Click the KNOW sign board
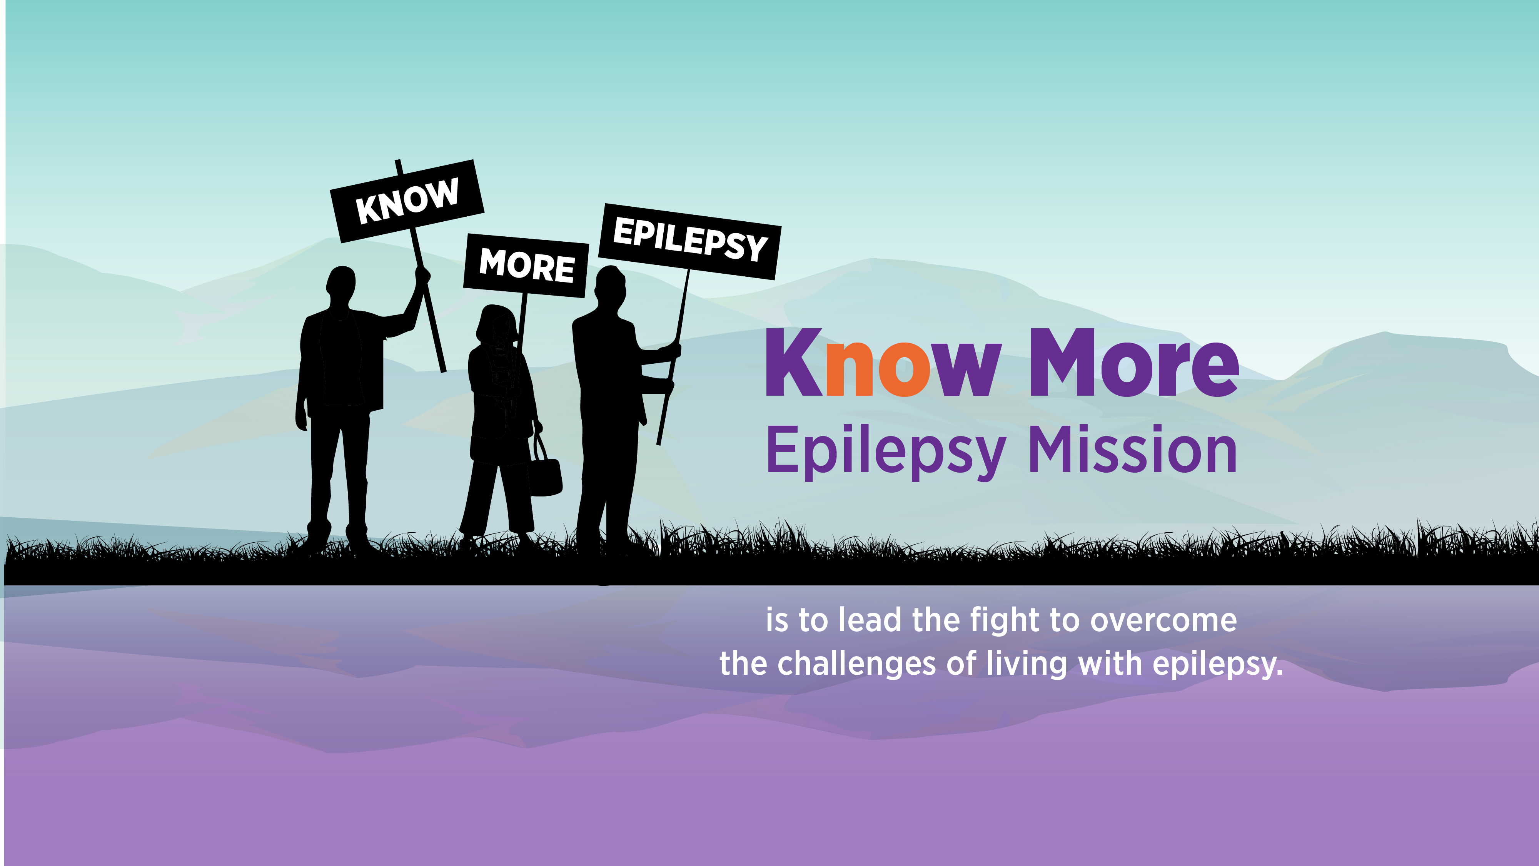[407, 201]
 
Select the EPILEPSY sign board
[689, 241]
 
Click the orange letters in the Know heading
[877, 368]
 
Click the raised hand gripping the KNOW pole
[422, 276]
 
